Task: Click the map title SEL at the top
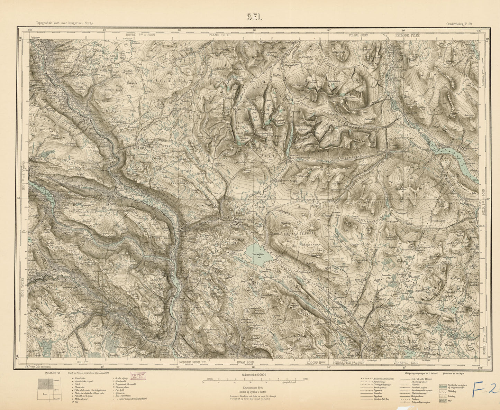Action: (x=254, y=17)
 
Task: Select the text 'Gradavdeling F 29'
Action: (x=461, y=24)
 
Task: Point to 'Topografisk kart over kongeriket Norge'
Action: (x=62, y=23)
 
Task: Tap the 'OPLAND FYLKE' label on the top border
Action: (x=218, y=35)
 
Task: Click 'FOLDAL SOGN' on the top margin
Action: (x=358, y=35)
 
